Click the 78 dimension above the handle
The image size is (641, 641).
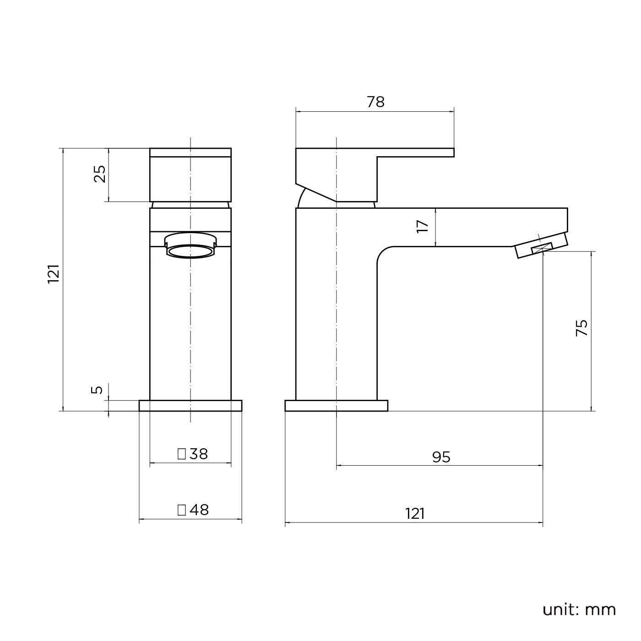point(375,102)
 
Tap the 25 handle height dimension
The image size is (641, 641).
point(100,174)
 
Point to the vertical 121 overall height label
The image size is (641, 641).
point(54,274)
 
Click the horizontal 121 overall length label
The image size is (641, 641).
point(415,514)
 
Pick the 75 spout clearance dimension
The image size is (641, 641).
point(581,328)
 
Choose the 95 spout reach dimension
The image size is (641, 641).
point(441,457)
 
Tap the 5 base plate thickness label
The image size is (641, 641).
point(97,390)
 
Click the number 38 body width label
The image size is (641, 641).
point(198,454)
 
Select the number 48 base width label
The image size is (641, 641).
point(199,510)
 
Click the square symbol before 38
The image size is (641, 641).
point(182,454)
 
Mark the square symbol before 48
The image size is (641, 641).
point(182,510)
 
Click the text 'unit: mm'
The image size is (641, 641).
point(579,609)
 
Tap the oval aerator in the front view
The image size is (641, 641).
point(190,246)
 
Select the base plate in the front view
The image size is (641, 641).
point(190,406)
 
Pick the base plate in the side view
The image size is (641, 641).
point(336,406)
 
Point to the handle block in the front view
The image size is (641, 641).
point(190,175)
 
